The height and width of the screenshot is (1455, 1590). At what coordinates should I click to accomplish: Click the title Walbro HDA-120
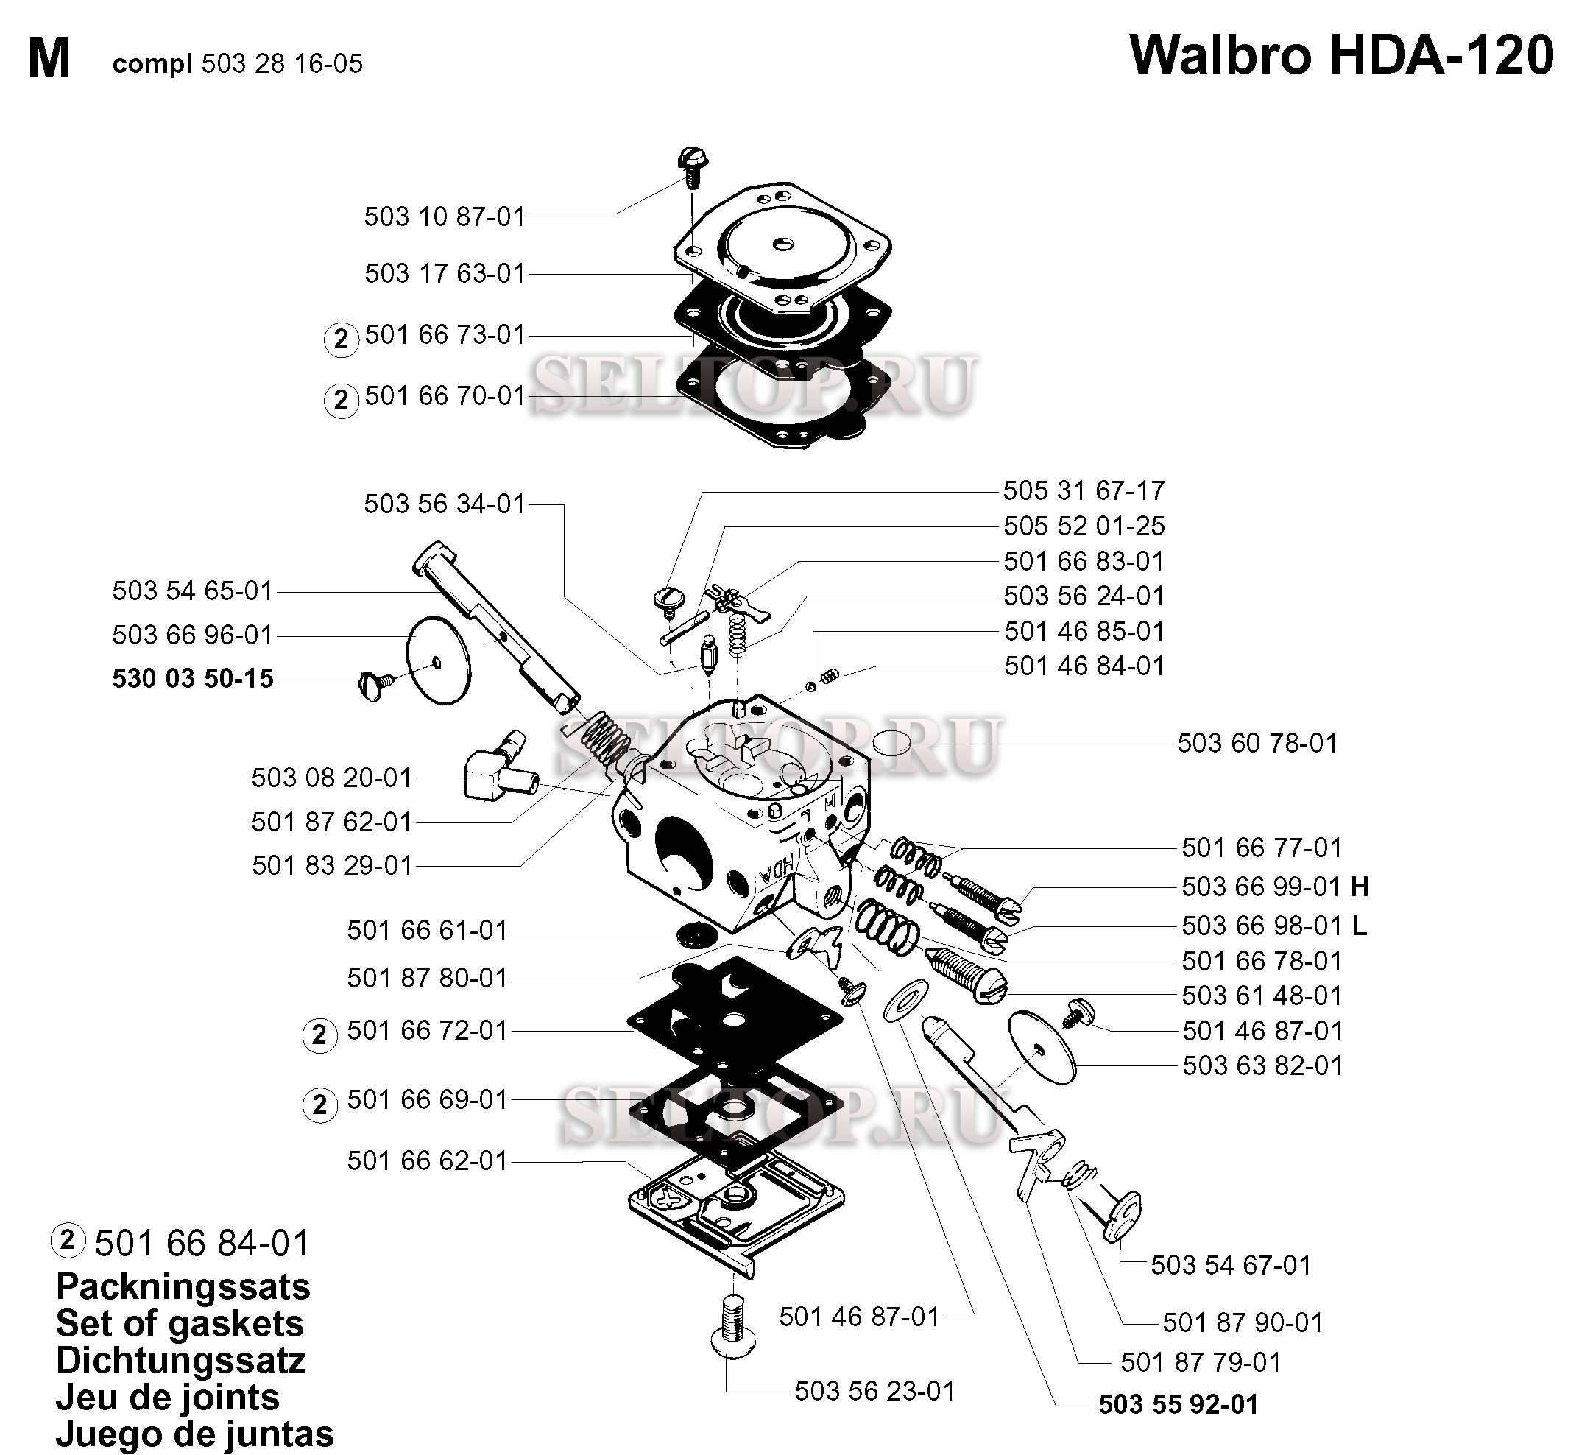(1341, 56)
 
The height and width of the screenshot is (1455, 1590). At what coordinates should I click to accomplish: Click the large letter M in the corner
(49, 59)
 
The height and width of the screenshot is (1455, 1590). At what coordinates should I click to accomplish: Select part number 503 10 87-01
(445, 216)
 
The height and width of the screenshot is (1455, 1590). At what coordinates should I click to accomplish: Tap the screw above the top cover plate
(692, 165)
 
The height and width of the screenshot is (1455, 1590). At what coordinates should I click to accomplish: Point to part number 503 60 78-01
(1258, 742)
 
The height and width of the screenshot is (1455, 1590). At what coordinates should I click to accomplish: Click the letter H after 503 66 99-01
(1360, 887)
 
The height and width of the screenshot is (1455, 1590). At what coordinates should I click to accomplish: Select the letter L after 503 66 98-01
(1359, 926)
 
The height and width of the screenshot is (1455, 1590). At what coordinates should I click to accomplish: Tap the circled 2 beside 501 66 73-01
(342, 339)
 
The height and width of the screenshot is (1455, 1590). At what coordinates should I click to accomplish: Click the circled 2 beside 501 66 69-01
(319, 1105)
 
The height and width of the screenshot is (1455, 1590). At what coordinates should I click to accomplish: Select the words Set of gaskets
(180, 1323)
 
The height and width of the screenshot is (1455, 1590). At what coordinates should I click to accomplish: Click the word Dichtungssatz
(180, 1360)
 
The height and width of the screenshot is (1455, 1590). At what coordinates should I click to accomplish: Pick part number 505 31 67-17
(1084, 491)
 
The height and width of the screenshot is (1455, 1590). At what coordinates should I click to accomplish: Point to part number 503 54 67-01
(1230, 1265)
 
